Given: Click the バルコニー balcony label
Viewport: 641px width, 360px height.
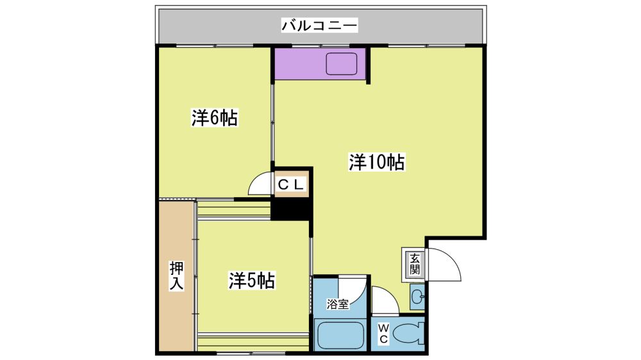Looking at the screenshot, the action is [x=319, y=26].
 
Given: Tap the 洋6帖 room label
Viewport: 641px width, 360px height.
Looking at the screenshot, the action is [x=215, y=118].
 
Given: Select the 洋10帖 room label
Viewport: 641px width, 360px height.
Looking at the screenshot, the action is [x=377, y=162].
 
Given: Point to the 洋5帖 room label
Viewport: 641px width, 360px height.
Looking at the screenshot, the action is [x=251, y=281].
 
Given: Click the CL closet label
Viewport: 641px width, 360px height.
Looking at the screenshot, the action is [x=291, y=184].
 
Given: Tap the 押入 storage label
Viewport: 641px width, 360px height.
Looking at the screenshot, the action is [x=177, y=276].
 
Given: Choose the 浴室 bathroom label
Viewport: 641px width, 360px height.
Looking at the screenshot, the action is [x=338, y=304].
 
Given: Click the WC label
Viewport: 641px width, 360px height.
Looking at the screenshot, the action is [x=383, y=334].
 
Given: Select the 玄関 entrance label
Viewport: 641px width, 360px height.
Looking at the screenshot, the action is [x=415, y=264].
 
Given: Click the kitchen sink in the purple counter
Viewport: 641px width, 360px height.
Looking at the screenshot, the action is [x=342, y=64].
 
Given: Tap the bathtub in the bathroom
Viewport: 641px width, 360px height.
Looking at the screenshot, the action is [x=340, y=336].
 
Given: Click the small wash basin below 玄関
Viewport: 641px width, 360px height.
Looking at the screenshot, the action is [x=417, y=296].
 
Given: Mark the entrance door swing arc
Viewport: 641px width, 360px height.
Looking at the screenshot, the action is [x=453, y=258].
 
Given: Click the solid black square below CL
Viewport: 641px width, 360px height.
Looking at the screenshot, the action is [x=292, y=209].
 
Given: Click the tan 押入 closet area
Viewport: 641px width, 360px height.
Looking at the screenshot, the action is [x=176, y=276].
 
